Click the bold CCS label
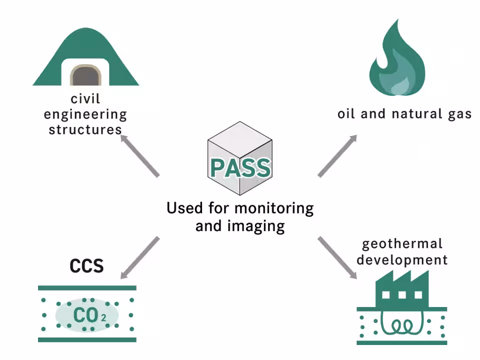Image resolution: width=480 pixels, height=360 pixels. pyautogui.click(x=86, y=265)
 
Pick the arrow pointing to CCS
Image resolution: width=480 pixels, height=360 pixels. pyautogui.click(x=139, y=257)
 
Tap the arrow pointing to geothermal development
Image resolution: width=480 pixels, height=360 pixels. pyautogui.click(x=337, y=257)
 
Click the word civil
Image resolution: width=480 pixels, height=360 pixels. pyautogui.click(x=85, y=99)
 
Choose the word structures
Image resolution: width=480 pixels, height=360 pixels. pyautogui.click(x=85, y=129)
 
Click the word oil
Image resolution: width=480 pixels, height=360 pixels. pyautogui.click(x=346, y=114)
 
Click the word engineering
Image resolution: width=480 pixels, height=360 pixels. pyautogui.click(x=85, y=114)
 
